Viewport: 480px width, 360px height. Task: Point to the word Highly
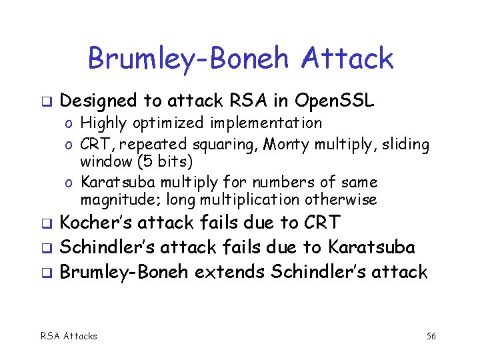click(102, 123)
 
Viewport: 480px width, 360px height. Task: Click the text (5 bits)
click(157, 162)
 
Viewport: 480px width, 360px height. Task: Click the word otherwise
click(341, 199)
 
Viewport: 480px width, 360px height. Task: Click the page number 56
click(431, 336)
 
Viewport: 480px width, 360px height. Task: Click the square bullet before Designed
click(45, 102)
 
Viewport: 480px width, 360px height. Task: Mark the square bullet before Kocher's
click(45, 224)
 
